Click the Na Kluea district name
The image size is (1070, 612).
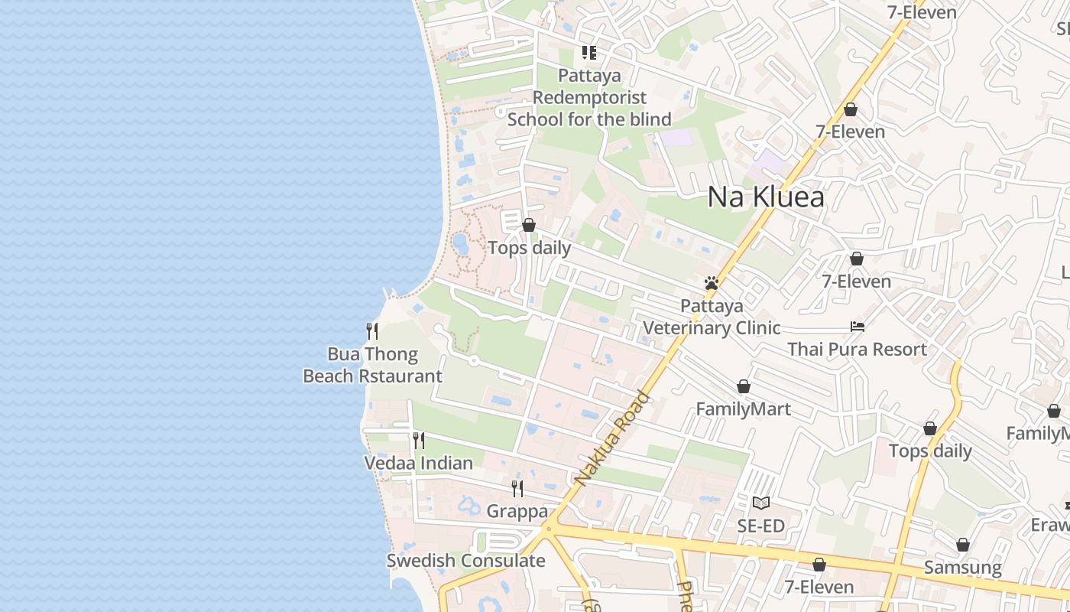coord(766,197)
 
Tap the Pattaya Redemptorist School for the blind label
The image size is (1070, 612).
coord(589,97)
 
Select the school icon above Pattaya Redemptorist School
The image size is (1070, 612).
coord(589,53)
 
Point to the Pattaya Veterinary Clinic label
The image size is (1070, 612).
coord(712,317)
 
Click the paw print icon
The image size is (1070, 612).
coord(712,284)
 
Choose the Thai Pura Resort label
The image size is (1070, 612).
coord(857,350)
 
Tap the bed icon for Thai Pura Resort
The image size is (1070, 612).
coord(858,327)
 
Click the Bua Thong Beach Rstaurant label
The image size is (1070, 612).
coord(373,365)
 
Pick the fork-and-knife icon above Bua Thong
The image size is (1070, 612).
coord(372,331)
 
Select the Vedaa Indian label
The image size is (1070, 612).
coord(418,463)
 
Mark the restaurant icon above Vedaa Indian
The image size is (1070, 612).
coord(419,441)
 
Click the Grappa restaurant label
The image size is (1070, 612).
coord(517,511)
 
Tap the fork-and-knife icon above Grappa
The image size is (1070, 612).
coord(517,488)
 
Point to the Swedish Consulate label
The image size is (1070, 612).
coord(465,561)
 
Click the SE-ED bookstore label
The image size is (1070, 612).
coord(760,526)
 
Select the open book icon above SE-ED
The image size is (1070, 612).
coord(760,503)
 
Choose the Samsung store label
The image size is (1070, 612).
coord(962,568)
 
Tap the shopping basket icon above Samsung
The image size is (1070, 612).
coord(963,545)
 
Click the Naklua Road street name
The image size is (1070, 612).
coord(612,440)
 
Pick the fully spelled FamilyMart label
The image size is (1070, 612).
coord(743,409)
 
